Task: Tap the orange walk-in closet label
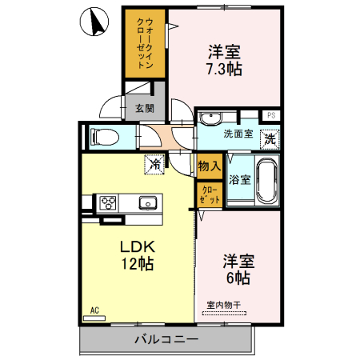tap(141, 43)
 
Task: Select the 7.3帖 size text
tap(225, 69)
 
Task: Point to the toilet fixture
tap(105, 136)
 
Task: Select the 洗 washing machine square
tap(270, 138)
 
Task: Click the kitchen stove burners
tap(107, 202)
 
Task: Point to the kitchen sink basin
tap(147, 202)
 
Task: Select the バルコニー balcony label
tap(166, 340)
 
